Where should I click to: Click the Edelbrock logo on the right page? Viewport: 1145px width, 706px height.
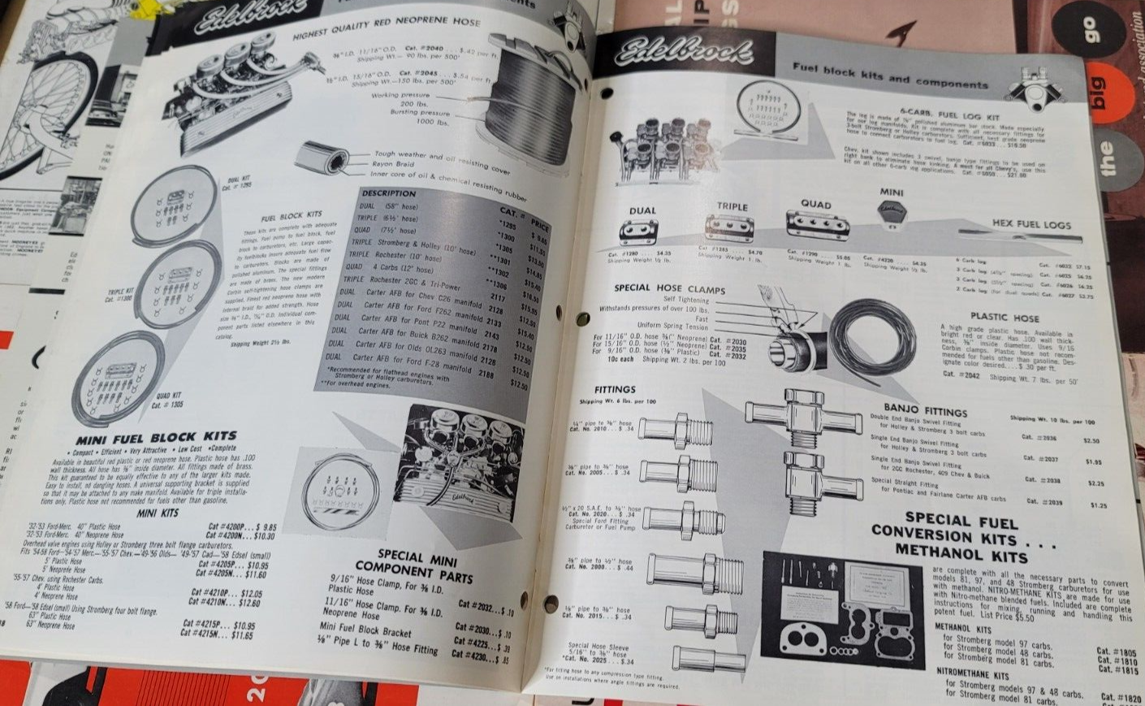(x=685, y=54)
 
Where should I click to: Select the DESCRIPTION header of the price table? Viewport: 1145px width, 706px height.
(x=388, y=193)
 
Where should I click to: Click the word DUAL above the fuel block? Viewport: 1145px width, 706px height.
(x=642, y=210)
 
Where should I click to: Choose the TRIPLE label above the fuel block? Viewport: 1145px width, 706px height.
(x=732, y=206)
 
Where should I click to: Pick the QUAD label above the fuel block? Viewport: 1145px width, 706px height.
(x=816, y=205)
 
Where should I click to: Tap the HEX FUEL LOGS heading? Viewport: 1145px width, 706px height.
(x=1030, y=224)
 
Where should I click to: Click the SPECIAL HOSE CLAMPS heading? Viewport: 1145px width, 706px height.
(x=670, y=288)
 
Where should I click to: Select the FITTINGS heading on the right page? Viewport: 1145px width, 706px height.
(x=615, y=390)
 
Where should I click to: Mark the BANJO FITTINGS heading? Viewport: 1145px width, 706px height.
(x=925, y=411)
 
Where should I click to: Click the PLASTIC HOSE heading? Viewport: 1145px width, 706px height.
(x=1005, y=317)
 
